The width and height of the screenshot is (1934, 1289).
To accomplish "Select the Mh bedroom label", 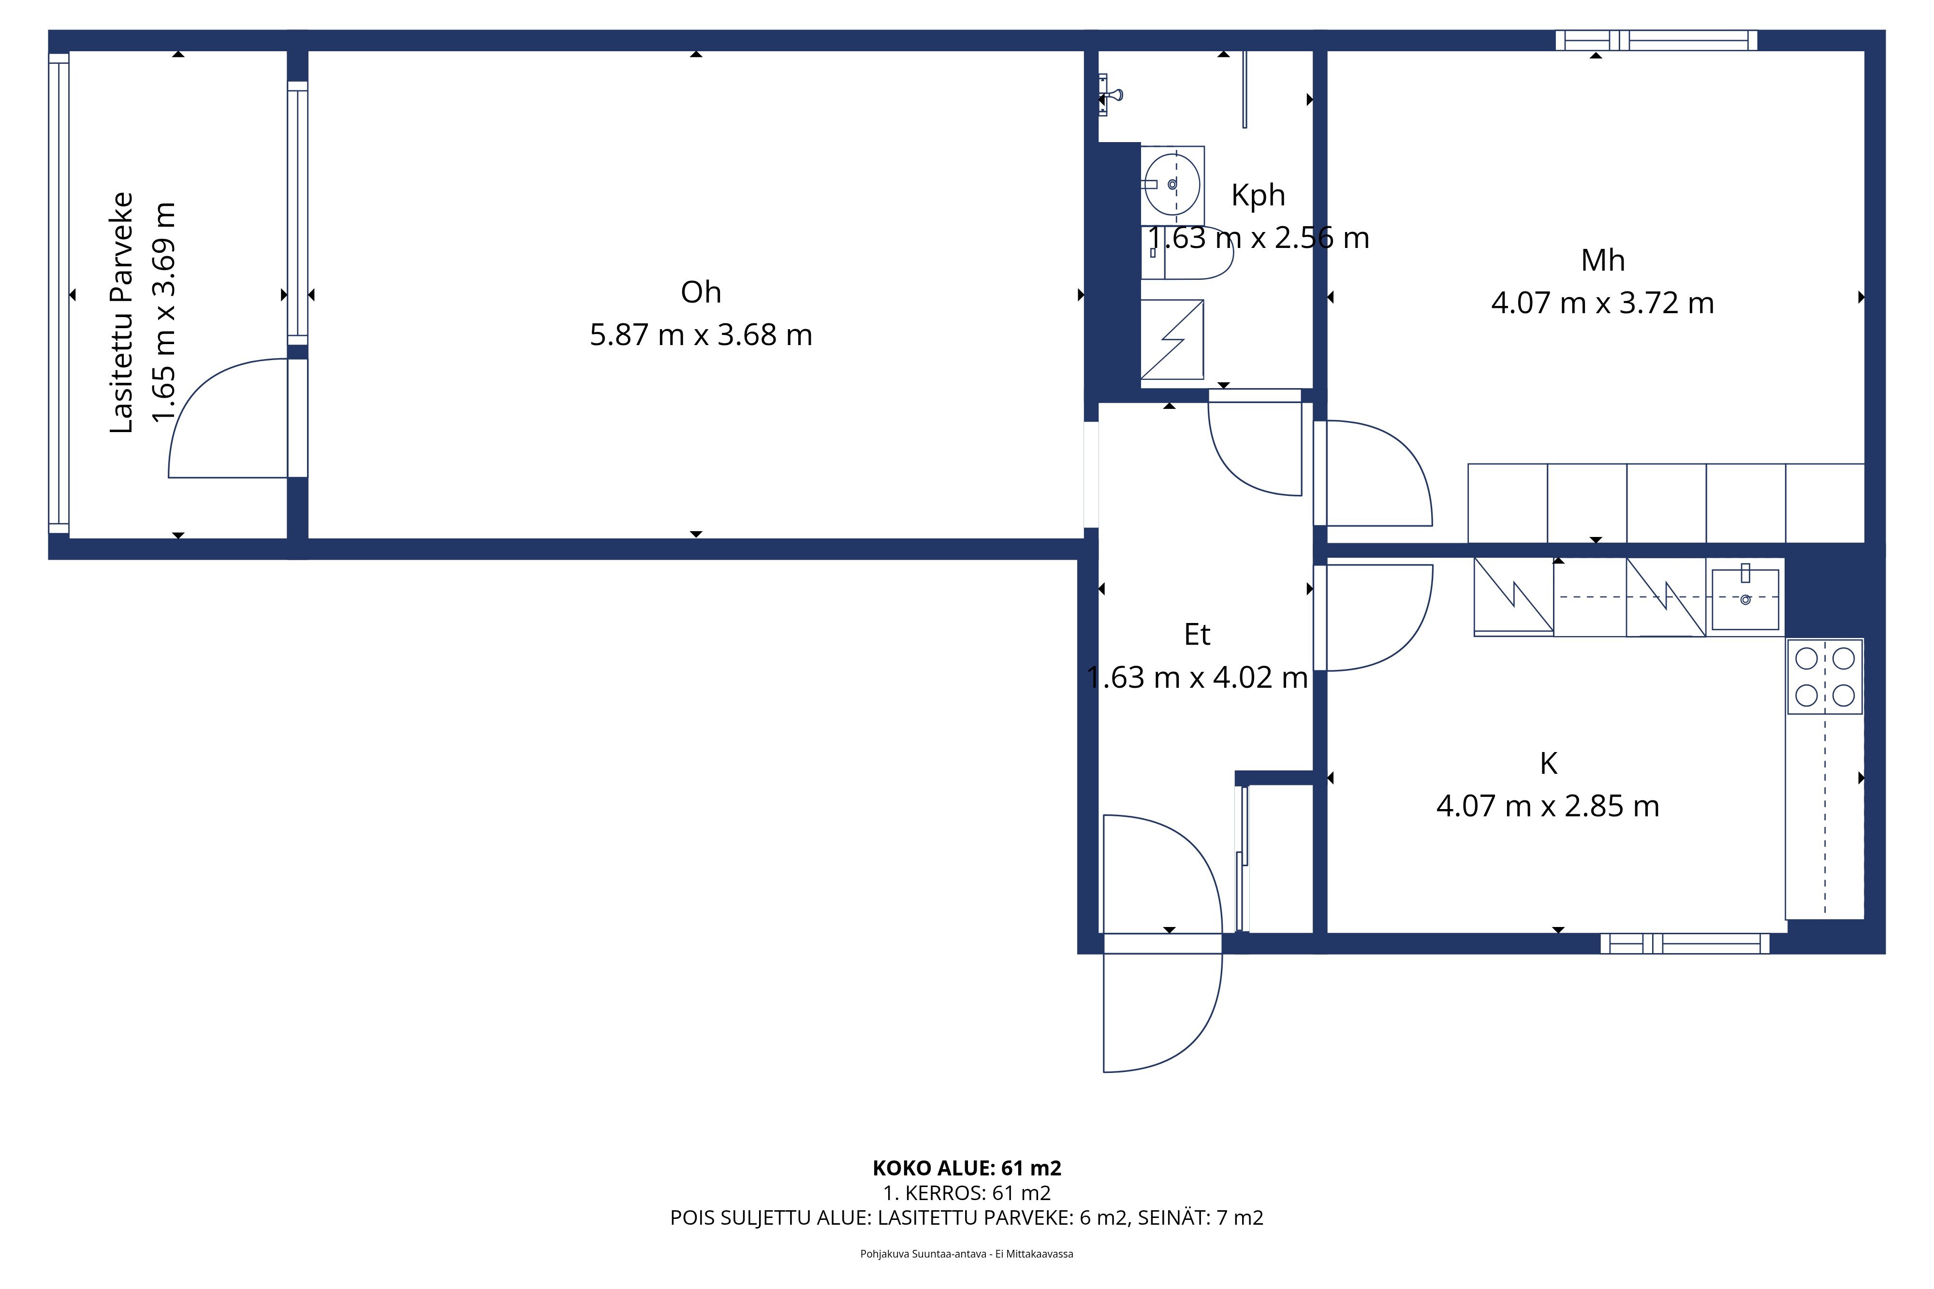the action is pyautogui.click(x=1603, y=261).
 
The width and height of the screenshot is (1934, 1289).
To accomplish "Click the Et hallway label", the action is pyautogui.click(x=1197, y=635).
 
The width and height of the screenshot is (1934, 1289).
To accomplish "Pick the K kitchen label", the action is pyautogui.click(x=1548, y=764).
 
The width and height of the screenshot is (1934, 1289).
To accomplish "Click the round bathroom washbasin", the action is pyautogui.click(x=1172, y=184).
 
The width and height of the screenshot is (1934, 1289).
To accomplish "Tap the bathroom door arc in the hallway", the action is pyautogui.click(x=1233, y=470).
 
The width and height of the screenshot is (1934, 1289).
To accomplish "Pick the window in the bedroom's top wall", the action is pyautogui.click(x=1656, y=40).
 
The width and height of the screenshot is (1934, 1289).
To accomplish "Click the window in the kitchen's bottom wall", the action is pyautogui.click(x=1685, y=944).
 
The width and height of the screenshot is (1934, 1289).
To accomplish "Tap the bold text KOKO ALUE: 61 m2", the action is pyautogui.click(x=967, y=1168).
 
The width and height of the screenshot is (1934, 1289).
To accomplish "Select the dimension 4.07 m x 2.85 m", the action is pyautogui.click(x=1548, y=807).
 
